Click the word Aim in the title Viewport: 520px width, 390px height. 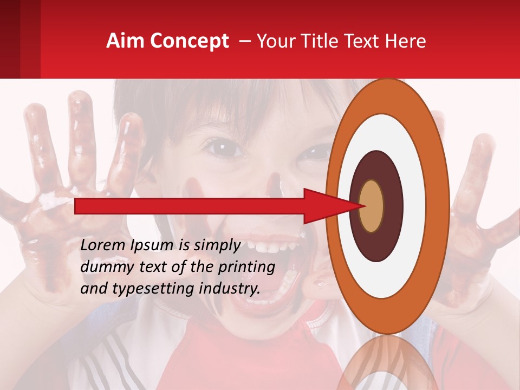click(x=125, y=41)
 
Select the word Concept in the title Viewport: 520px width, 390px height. click(x=189, y=41)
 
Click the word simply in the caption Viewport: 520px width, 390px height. click(x=213, y=245)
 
